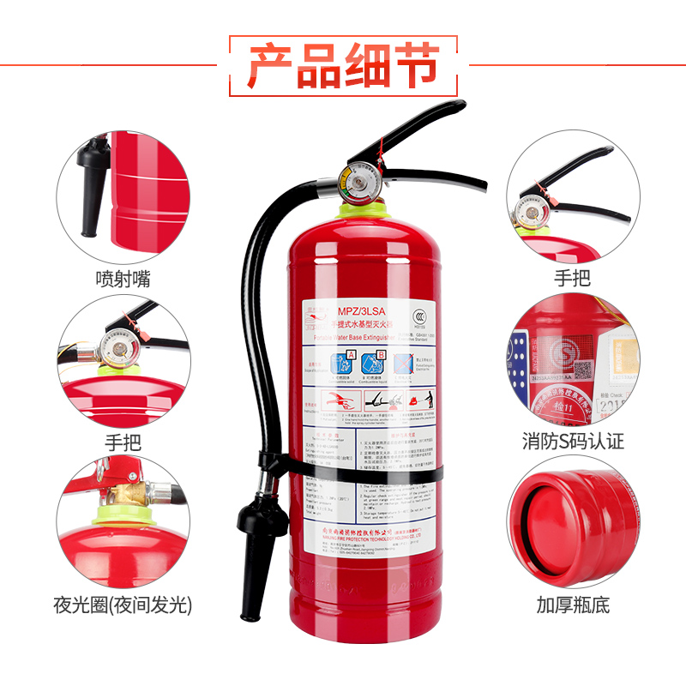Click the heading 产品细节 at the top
pyautogui.click(x=343, y=65)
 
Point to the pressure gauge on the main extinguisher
pyautogui.click(x=354, y=183)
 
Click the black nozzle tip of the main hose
pyautogui.click(x=250, y=600)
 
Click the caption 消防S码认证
pyautogui.click(x=573, y=442)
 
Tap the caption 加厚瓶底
pyautogui.click(x=573, y=605)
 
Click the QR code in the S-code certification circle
pyautogui.click(x=583, y=370)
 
